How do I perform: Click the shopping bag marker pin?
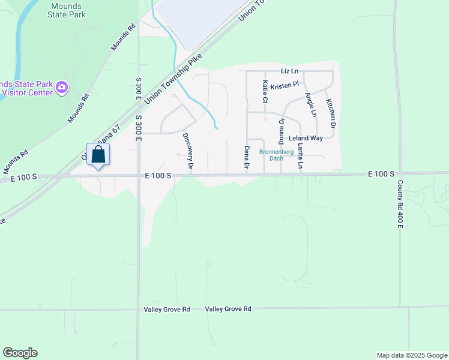pyautogui.click(x=98, y=155)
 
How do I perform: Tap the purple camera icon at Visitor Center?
pyautogui.click(x=61, y=89)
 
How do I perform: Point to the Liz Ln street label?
pyautogui.click(x=289, y=71)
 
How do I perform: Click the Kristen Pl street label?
pyautogui.click(x=285, y=86)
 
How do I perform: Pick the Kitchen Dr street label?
pyautogui.click(x=330, y=112)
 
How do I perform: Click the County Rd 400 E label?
pyautogui.click(x=400, y=205)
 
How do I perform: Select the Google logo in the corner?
pyautogui.click(x=20, y=353)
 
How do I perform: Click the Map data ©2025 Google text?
pyautogui.click(x=411, y=355)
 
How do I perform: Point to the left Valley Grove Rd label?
pyautogui.click(x=167, y=310)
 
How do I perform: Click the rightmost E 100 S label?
pyautogui.click(x=381, y=174)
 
